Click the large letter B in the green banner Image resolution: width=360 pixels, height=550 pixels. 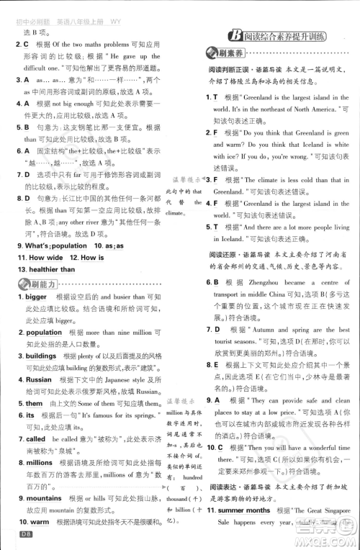click(234, 35)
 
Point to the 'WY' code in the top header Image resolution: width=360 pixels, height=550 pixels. click(116, 21)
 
